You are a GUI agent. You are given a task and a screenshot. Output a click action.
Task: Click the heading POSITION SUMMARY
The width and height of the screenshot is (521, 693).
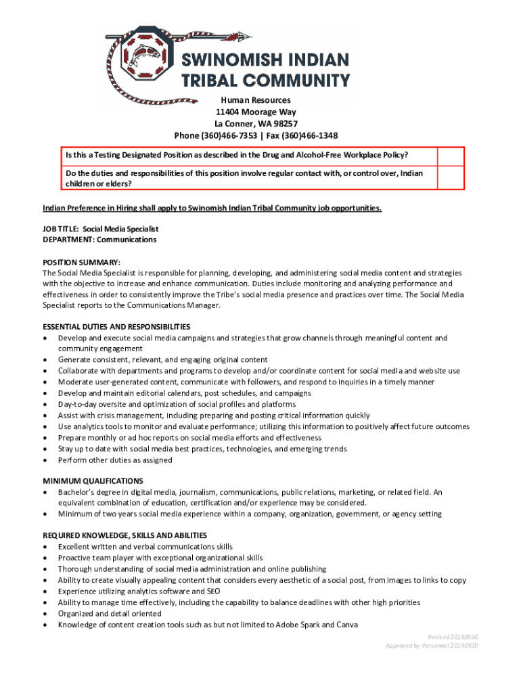point(82,262)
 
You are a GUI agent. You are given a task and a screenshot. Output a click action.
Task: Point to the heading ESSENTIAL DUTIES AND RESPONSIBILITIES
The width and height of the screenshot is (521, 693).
point(116,327)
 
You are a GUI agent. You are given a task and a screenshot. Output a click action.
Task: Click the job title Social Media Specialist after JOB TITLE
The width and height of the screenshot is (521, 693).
point(120,229)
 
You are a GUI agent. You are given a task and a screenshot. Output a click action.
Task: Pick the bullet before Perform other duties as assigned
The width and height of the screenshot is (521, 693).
point(45,461)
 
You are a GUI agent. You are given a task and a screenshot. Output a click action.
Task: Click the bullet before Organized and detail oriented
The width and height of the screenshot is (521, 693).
point(45,614)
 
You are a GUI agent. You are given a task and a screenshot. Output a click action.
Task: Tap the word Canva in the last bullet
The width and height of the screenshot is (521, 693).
point(347,625)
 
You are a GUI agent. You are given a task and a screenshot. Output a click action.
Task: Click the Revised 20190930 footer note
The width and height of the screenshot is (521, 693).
point(453,637)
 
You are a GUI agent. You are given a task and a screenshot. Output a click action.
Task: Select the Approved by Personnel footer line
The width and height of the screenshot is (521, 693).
point(432,646)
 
